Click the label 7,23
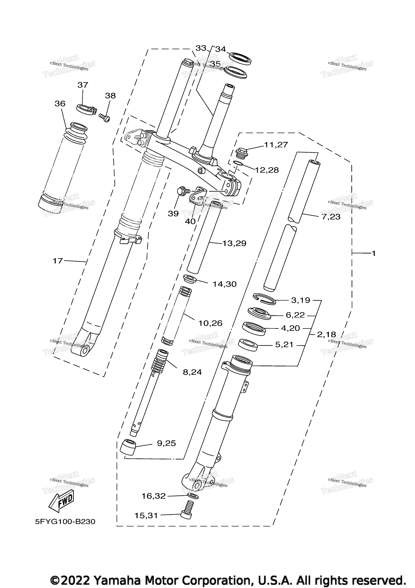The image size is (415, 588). click(x=331, y=217)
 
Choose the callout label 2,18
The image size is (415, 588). click(x=326, y=334)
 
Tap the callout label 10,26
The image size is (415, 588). click(x=210, y=323)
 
